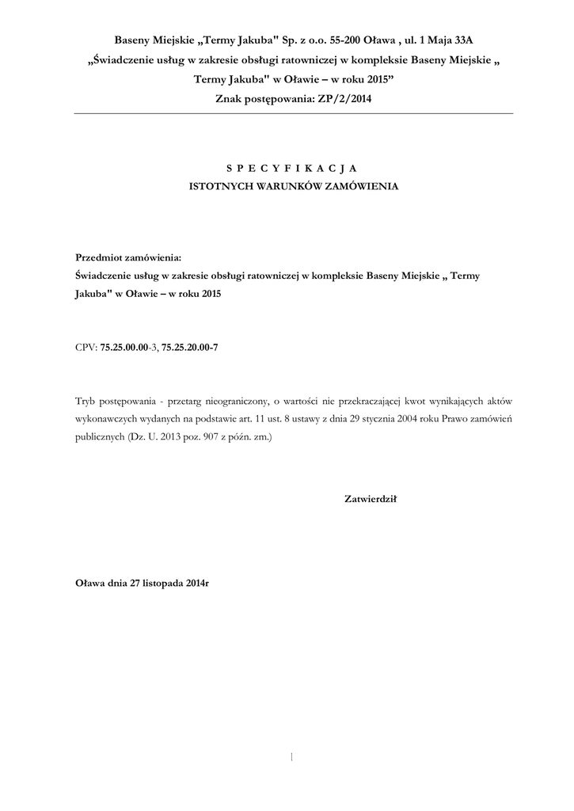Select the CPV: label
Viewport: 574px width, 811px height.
[86, 346]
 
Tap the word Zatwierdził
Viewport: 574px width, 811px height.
[370, 499]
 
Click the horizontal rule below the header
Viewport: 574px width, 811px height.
[293, 113]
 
